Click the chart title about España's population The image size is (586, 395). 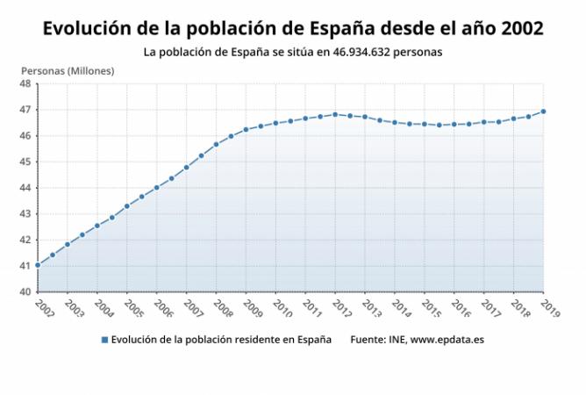coord(293,28)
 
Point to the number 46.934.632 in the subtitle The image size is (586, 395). coord(361,52)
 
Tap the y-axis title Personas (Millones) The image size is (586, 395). coord(68,71)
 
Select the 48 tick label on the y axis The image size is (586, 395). coord(25,83)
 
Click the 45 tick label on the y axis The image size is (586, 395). coord(25,162)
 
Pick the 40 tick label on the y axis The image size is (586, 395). coord(25,291)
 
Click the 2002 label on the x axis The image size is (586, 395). coord(45,309)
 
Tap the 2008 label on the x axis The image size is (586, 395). coord(223,309)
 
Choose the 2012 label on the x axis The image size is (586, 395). coord(342,309)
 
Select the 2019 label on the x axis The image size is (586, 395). coord(551,309)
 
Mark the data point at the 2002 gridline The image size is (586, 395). coord(38,265)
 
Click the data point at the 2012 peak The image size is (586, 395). coord(335,114)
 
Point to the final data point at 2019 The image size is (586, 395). coord(543,111)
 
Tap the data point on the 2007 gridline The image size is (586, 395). coord(187,168)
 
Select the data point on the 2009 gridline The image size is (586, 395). coord(246,130)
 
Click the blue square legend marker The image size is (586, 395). coord(104,340)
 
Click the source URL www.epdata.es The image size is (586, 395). coord(447,340)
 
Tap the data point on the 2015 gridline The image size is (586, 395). coord(425,124)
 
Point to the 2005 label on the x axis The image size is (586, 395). coord(134,309)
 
